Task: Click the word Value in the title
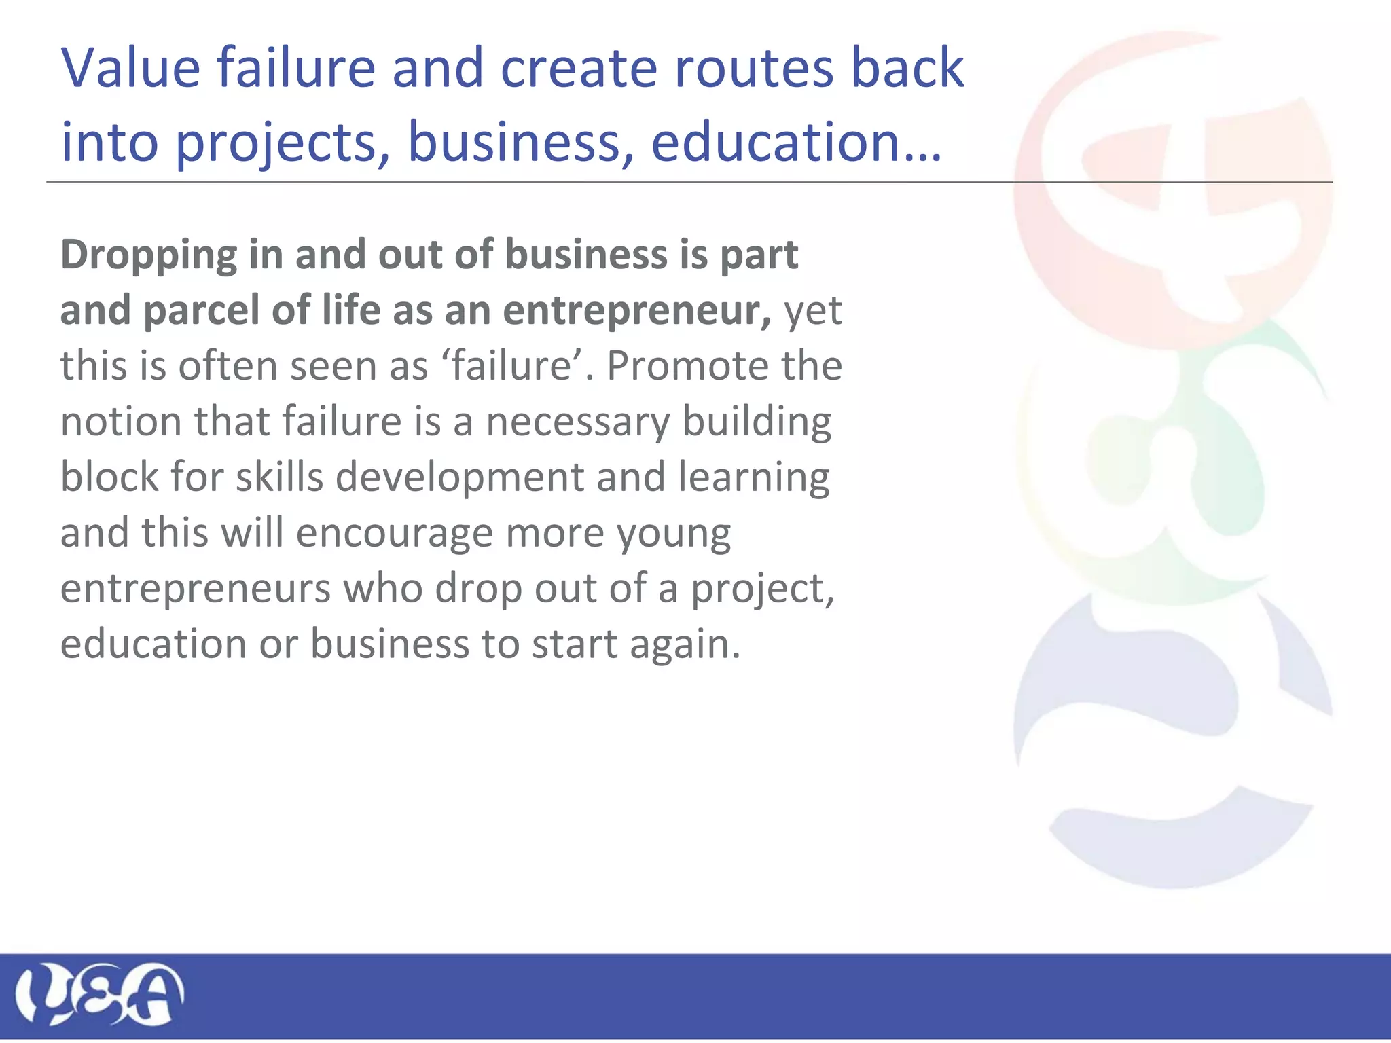[x=130, y=68]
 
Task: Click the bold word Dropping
[x=149, y=256]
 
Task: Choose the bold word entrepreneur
[x=636, y=310]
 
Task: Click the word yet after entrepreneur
[x=813, y=312]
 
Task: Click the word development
[x=460, y=477]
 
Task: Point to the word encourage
[x=394, y=533]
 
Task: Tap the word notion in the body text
[x=121, y=422]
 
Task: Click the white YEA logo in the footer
[x=99, y=994]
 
